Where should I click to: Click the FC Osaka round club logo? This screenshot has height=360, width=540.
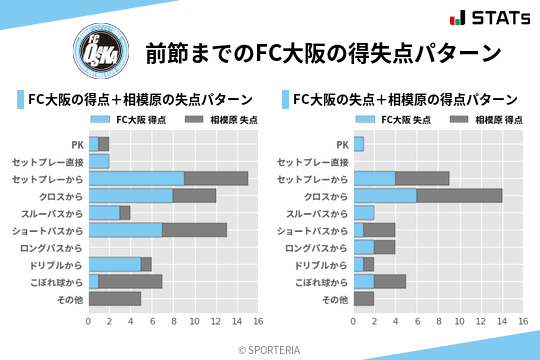[98, 52]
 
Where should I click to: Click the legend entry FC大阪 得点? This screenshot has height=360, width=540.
[130, 120]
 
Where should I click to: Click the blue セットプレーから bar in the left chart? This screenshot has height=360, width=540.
[136, 178]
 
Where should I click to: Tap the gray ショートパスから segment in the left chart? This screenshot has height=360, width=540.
[194, 230]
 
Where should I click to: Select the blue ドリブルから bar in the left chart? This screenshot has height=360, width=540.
[114, 264]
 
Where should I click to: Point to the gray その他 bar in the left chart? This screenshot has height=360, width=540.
[114, 298]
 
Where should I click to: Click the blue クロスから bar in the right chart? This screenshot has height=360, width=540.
[385, 196]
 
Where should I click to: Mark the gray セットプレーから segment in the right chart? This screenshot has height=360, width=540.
[422, 178]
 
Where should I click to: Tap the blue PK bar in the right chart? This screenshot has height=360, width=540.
[358, 144]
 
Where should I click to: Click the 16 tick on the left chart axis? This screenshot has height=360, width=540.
[257, 322]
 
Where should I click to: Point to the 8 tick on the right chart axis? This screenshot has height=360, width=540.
[438, 322]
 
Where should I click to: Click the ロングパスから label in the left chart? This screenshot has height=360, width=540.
[55, 247]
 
